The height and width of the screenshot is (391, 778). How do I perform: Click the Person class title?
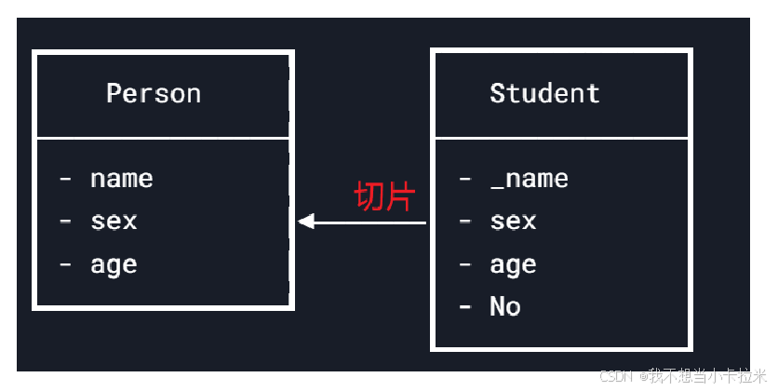point(154,93)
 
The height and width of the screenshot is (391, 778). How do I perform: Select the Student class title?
point(544,93)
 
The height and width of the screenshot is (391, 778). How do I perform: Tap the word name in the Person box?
point(121,178)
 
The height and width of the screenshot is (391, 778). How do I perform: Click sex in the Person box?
point(114,221)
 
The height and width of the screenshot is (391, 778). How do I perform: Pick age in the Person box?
point(114,265)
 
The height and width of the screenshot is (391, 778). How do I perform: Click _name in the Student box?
point(529,178)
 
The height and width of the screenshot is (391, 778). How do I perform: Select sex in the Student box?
point(513,221)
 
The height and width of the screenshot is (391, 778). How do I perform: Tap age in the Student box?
point(513,265)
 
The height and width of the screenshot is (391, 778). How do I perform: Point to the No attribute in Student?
point(504,307)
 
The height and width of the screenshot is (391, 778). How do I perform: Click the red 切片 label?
point(384,197)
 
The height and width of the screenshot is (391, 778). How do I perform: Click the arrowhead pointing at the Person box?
point(306,222)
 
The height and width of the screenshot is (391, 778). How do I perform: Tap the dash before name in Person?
point(65,178)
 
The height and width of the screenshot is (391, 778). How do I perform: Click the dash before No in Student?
point(465,307)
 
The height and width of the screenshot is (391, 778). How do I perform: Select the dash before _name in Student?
point(465,178)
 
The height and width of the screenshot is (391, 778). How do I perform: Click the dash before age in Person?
point(65,265)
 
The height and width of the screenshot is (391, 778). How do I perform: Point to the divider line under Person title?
point(163,138)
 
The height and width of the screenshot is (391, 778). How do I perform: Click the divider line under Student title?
point(561,138)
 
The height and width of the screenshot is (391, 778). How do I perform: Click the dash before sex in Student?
point(465,222)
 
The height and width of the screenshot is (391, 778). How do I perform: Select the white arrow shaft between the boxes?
point(372,222)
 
